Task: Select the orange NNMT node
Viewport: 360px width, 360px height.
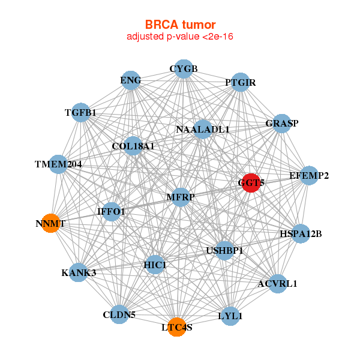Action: [50, 223]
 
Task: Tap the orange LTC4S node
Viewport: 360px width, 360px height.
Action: [176, 327]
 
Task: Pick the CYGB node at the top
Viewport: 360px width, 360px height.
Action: [184, 69]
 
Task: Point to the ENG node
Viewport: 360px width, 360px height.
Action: [131, 80]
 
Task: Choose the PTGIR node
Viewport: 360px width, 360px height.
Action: [240, 82]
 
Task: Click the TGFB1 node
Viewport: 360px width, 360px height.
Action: [80, 112]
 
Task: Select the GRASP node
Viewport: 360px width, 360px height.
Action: [282, 124]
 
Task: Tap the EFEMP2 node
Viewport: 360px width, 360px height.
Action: [308, 176]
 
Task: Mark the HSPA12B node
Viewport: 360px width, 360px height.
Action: [301, 233]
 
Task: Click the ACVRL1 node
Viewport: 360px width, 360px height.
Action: [277, 283]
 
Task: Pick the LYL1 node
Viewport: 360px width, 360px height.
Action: [230, 315]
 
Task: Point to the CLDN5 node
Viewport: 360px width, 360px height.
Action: [119, 314]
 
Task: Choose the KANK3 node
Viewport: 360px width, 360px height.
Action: [79, 273]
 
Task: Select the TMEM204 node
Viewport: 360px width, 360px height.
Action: [58, 164]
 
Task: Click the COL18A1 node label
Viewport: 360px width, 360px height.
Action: [133, 146]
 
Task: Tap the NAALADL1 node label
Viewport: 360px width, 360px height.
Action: [203, 129]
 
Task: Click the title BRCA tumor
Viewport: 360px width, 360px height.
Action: [180, 25]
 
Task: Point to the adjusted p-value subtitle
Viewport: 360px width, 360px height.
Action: [180, 37]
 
